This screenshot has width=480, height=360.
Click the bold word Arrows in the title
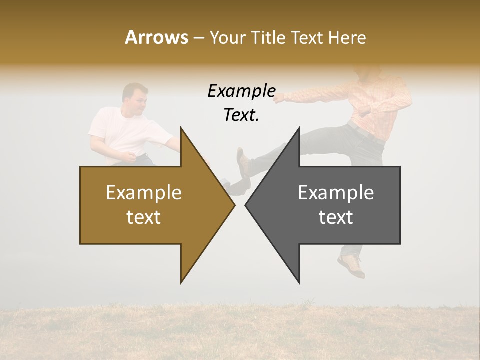click(156, 37)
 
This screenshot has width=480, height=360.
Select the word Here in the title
click(347, 37)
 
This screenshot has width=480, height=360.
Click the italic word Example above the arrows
click(241, 91)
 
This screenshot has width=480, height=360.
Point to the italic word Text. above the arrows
click(241, 115)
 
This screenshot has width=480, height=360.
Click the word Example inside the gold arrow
click(144, 192)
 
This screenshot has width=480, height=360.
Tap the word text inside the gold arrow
click(144, 217)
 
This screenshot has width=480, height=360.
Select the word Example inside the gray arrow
click(336, 192)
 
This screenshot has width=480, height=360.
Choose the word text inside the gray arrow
click(336, 217)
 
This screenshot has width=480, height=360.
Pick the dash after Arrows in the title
click(198, 38)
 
